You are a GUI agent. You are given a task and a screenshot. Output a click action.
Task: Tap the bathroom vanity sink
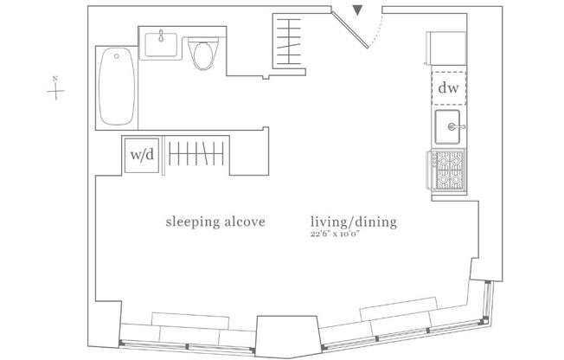click(163, 43)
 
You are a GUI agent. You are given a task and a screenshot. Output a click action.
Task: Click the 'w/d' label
click(142, 156)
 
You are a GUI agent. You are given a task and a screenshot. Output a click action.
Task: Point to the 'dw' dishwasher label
click(447, 87)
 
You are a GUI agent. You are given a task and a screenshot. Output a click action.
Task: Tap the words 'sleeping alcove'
click(215, 222)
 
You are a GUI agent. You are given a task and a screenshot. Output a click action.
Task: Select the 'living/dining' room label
click(353, 222)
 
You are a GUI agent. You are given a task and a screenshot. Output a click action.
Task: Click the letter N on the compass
click(55, 80)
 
